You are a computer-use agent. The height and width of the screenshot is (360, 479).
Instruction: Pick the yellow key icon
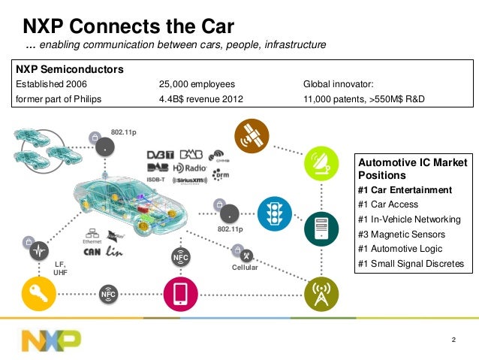tap(38, 294)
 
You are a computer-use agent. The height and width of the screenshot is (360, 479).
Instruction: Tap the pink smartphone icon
tap(180, 294)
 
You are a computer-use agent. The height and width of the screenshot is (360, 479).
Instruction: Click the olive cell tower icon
tap(320, 293)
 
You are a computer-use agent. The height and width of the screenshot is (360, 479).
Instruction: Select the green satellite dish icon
tap(321, 163)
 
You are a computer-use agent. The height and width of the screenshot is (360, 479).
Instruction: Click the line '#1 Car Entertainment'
tap(405, 189)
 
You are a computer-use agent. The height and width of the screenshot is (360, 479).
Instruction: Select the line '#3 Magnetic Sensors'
tap(402, 234)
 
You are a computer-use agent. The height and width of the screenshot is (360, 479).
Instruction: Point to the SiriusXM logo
tap(190, 180)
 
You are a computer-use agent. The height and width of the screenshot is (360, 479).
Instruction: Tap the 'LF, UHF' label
tap(61, 268)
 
